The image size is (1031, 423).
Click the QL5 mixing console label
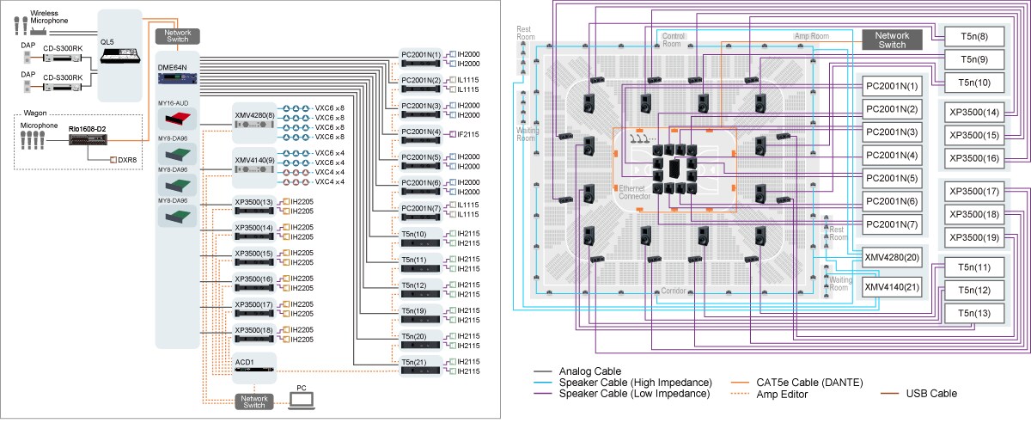coord(107,40)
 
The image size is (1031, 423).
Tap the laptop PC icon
coord(302,402)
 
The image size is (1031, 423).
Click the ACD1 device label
coord(243,361)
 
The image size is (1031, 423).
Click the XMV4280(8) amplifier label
coord(254,113)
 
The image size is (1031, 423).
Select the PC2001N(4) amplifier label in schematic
coord(420,132)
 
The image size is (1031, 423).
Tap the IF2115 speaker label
coord(467,133)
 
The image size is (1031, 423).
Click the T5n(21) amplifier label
coord(414,362)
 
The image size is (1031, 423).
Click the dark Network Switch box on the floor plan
coord(892,40)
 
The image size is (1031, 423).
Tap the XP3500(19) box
coord(975,236)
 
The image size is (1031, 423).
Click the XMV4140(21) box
coord(892,287)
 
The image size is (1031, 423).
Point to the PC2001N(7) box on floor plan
coord(892,224)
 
